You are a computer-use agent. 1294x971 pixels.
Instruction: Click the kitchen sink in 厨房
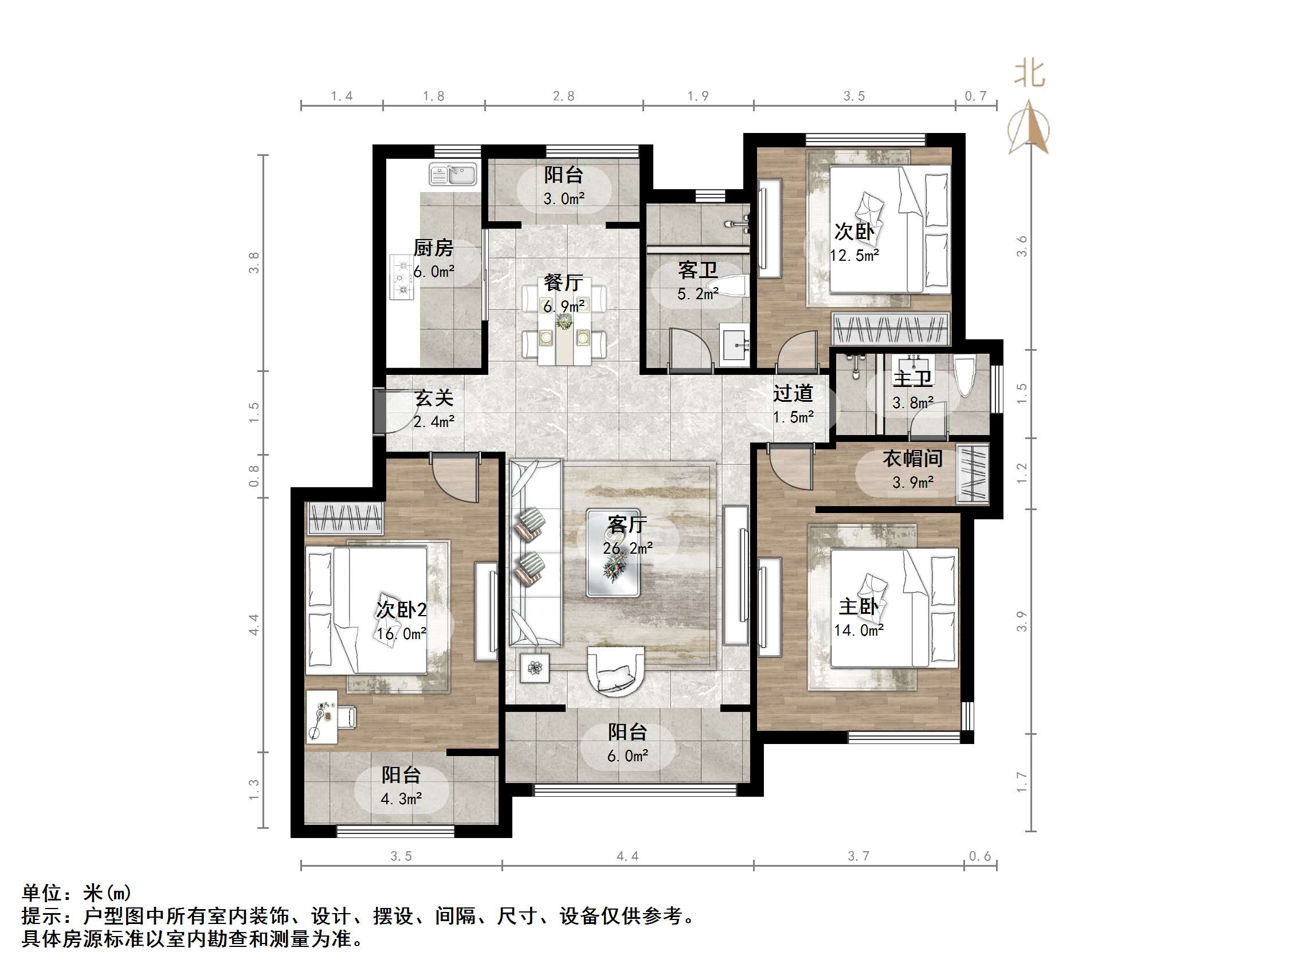pyautogui.click(x=453, y=174)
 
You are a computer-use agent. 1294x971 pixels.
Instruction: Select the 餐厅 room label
pyautogui.click(x=563, y=283)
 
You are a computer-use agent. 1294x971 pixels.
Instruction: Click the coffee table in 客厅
pyautogui.click(x=614, y=554)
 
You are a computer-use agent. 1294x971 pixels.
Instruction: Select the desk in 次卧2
pyautogui.click(x=321, y=717)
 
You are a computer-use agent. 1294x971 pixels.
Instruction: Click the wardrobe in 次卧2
pyautogui.click(x=345, y=518)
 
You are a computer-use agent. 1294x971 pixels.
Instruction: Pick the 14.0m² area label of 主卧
pyautogui.click(x=858, y=631)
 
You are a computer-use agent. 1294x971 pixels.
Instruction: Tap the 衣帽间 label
pyautogui.click(x=912, y=459)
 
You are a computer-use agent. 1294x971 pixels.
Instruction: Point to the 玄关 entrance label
pyautogui.click(x=433, y=398)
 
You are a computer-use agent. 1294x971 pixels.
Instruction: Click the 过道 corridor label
pyautogui.click(x=793, y=393)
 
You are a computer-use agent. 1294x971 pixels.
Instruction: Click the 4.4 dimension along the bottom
pyautogui.click(x=627, y=856)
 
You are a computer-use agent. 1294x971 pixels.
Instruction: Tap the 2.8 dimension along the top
pyautogui.click(x=563, y=96)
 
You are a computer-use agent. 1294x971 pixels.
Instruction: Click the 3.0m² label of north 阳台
pyautogui.click(x=563, y=199)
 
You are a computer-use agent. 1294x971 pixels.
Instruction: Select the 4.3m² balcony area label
pyautogui.click(x=401, y=799)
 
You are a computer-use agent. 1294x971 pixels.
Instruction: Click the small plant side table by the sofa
pyautogui.click(x=534, y=668)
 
